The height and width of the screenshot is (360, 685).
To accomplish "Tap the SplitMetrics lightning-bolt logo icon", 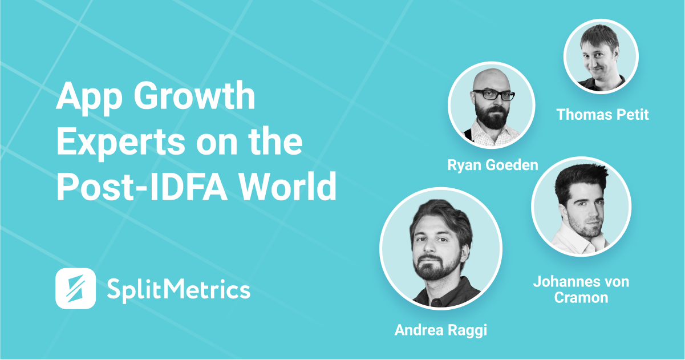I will click(x=75, y=288).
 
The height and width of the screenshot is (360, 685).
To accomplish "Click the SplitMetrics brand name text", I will click(x=179, y=289).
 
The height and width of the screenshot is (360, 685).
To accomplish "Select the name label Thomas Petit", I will click(x=603, y=115).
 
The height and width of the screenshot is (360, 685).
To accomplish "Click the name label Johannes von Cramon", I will click(x=581, y=289).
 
